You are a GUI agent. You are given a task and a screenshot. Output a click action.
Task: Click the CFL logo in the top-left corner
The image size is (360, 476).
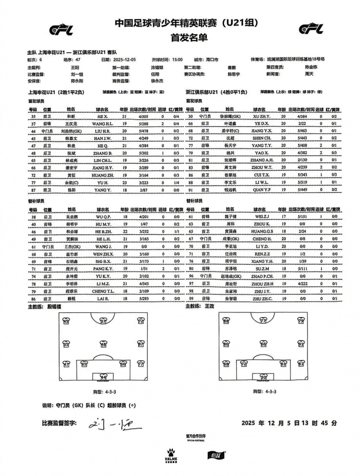click(61, 29)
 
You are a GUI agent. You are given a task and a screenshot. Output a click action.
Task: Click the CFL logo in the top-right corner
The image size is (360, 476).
click(313, 29)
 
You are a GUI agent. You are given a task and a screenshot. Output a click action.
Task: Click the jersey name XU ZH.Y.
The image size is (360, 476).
click(261, 117)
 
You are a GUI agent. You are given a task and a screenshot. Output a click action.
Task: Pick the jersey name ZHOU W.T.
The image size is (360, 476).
click(261, 167)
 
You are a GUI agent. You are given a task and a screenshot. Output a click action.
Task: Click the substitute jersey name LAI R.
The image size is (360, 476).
click(103, 298)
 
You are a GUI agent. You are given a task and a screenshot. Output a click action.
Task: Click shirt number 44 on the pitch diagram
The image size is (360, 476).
click(103, 377)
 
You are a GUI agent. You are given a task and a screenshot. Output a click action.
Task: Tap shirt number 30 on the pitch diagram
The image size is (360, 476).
click(263, 377)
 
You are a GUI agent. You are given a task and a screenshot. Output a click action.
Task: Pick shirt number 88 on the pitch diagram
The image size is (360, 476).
click(226, 321)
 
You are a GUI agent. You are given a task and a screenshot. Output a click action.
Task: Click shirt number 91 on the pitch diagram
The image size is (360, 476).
click(300, 344)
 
